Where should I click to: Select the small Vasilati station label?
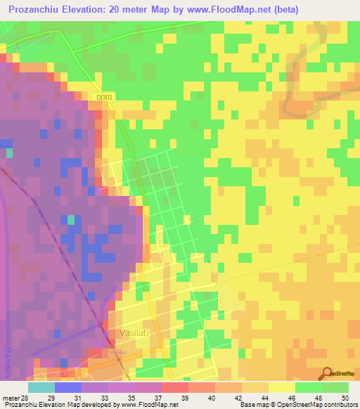[x=117, y=351]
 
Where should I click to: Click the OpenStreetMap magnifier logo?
[x=328, y=372]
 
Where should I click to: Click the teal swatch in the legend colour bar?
[x=41, y=387]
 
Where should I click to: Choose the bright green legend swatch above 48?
[x=308, y=387]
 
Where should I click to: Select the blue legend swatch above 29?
[x=67, y=387]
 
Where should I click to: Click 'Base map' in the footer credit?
[x=253, y=405]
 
